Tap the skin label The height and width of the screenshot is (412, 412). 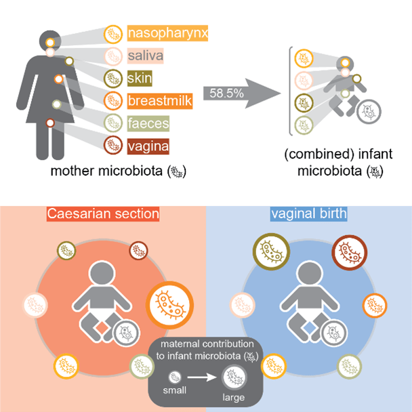coord(140,79)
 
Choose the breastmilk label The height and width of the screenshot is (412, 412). coord(157,102)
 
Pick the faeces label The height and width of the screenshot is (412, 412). coord(147,124)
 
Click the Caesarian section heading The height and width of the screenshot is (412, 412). coord(103,214)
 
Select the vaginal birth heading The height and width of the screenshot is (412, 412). coord(308,214)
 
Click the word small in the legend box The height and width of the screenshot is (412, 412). coord(174,391)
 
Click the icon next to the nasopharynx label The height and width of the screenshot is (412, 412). coord(113,33)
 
